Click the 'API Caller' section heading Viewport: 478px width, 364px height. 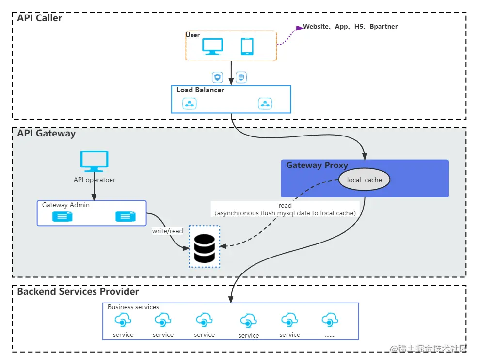coord(40,18)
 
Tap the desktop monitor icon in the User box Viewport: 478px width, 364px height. coord(212,46)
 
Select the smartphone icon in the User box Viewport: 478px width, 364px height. coord(247,46)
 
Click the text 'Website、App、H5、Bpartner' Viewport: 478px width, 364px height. coord(350,27)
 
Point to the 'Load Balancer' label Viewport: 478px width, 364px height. coord(200,90)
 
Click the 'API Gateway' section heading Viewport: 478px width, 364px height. coord(47,134)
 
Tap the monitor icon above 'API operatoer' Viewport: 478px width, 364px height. coord(95,161)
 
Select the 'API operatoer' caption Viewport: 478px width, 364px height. coord(95,180)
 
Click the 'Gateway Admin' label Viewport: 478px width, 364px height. coord(66,205)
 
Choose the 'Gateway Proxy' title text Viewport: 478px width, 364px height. coord(317,165)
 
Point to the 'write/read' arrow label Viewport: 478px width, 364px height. coord(168,231)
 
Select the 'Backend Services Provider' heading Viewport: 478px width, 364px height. coord(78,292)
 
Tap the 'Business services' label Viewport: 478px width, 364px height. coord(133,307)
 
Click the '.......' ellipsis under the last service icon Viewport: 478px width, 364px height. coord(330,334)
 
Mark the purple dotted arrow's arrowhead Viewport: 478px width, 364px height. coord(298,27)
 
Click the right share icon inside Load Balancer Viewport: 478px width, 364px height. coord(265,103)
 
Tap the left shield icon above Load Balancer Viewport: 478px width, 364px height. coord(218,77)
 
